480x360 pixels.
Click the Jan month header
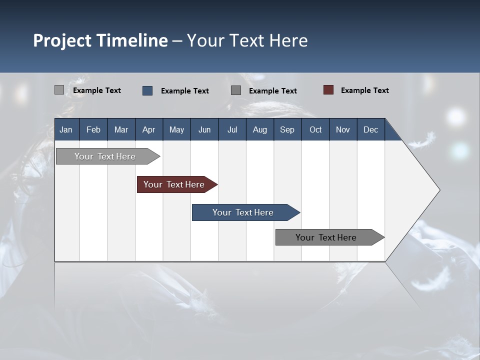[x=66, y=129]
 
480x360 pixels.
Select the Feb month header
[x=93, y=129]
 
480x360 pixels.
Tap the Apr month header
[x=148, y=129]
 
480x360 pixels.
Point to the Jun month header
[x=204, y=129]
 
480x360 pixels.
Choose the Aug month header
[x=259, y=129]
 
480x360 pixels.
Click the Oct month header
[x=315, y=129]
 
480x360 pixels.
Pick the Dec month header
[x=370, y=129]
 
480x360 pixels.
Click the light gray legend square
[x=59, y=90]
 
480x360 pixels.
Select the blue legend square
[x=147, y=90]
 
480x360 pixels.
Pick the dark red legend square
[x=328, y=90]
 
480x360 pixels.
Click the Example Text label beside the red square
[x=364, y=90]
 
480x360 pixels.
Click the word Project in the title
[x=62, y=40]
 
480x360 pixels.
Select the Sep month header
[x=287, y=129]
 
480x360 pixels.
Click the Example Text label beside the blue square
[x=184, y=91]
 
